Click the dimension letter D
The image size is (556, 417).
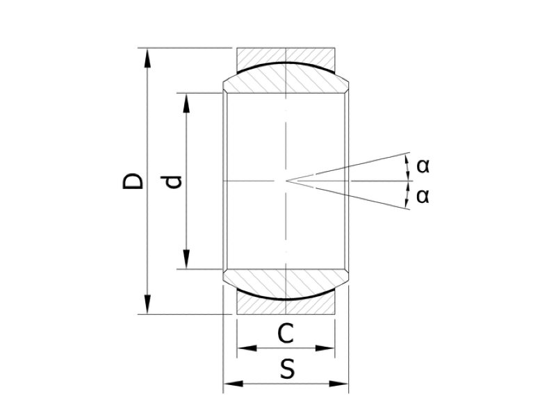click(133, 181)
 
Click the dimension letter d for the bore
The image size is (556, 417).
click(174, 182)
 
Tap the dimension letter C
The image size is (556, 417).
click(286, 334)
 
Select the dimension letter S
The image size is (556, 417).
click(287, 369)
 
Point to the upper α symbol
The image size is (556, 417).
click(423, 165)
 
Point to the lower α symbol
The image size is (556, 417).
click(423, 196)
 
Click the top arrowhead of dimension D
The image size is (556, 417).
click(147, 58)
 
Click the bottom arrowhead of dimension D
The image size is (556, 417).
click(147, 304)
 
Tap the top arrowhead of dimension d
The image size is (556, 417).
click(186, 103)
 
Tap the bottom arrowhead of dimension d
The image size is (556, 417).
click(186, 259)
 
